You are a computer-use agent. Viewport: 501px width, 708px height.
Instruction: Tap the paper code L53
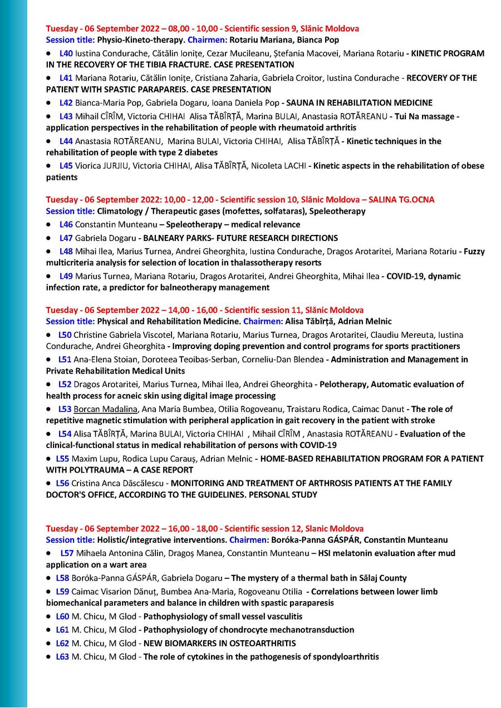(65, 409)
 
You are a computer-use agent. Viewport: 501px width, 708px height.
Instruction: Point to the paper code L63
(62, 657)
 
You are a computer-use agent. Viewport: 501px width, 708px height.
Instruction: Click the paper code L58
(62, 578)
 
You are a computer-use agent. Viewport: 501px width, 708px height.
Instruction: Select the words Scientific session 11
(261, 310)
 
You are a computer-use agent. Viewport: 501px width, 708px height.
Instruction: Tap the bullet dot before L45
(49, 166)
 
